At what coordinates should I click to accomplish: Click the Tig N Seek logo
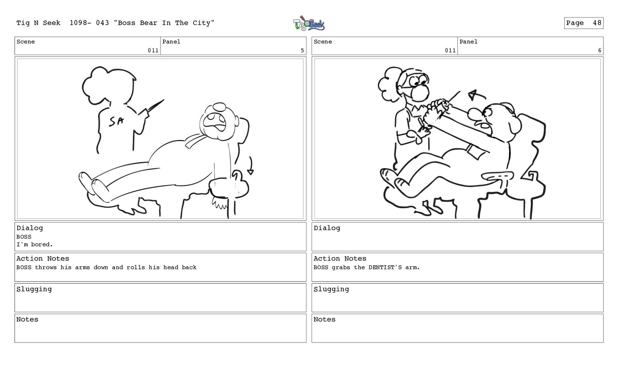pyautogui.click(x=309, y=23)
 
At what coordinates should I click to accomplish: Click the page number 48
pyautogui.click(x=597, y=23)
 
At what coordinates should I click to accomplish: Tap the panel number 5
pyautogui.click(x=302, y=50)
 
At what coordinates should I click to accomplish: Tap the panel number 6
pyautogui.click(x=599, y=50)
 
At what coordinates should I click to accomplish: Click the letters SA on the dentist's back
pyautogui.click(x=116, y=121)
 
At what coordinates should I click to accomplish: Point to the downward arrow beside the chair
pyautogui.click(x=250, y=166)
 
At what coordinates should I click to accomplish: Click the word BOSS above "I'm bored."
pyautogui.click(x=24, y=237)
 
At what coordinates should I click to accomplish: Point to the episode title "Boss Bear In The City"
pyautogui.click(x=164, y=23)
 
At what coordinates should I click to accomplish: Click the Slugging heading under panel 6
pyautogui.click(x=331, y=289)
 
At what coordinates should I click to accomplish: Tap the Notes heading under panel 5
pyautogui.click(x=27, y=319)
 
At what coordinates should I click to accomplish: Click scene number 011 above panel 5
pyautogui.click(x=153, y=50)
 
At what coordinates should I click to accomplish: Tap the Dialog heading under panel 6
pyautogui.click(x=327, y=228)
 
